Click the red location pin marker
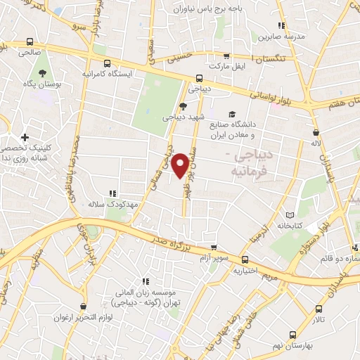(181, 165)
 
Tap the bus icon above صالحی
(29, 41)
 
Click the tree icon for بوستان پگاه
(42, 73)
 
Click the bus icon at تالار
(319, 308)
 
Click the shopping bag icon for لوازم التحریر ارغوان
(84, 307)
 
